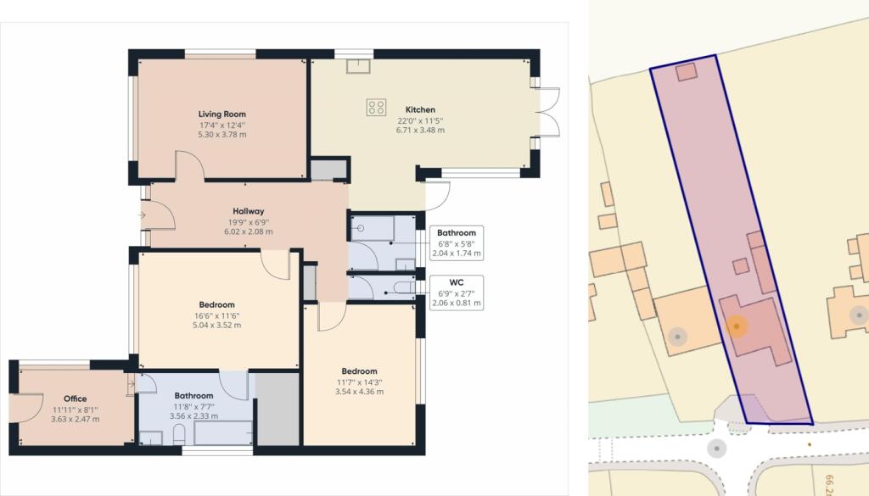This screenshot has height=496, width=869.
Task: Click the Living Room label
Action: pyautogui.click(x=222, y=114)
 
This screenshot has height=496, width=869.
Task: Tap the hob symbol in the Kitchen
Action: pyautogui.click(x=376, y=107)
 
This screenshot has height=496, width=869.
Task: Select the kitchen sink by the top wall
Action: pyautogui.click(x=358, y=66)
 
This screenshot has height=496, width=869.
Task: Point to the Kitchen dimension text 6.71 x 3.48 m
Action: pyautogui.click(x=420, y=130)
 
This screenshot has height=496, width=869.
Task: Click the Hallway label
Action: pyautogui.click(x=249, y=211)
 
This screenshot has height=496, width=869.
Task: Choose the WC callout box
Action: pyautogui.click(x=457, y=293)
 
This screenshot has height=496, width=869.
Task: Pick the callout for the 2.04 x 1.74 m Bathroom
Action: pyautogui.click(x=457, y=243)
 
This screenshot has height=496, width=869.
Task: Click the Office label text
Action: pyautogui.click(x=76, y=398)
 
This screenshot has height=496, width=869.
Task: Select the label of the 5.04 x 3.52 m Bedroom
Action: pyautogui.click(x=216, y=304)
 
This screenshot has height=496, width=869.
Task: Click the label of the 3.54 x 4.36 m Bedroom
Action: pyautogui.click(x=359, y=371)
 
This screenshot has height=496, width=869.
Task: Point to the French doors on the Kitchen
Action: pyautogui.click(x=549, y=112)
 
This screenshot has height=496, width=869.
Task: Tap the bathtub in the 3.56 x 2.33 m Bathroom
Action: pyautogui.click(x=223, y=432)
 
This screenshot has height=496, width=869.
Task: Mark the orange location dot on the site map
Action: pyautogui.click(x=736, y=326)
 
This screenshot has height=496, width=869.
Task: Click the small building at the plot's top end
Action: pyautogui.click(x=687, y=71)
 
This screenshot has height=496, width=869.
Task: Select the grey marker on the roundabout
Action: pyautogui.click(x=716, y=448)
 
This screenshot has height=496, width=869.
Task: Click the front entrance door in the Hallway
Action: pyautogui.click(x=158, y=215)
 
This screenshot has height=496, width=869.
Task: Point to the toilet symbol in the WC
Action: pyautogui.click(x=403, y=287)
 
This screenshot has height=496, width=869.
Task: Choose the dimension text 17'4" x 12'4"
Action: pyautogui.click(x=222, y=125)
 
